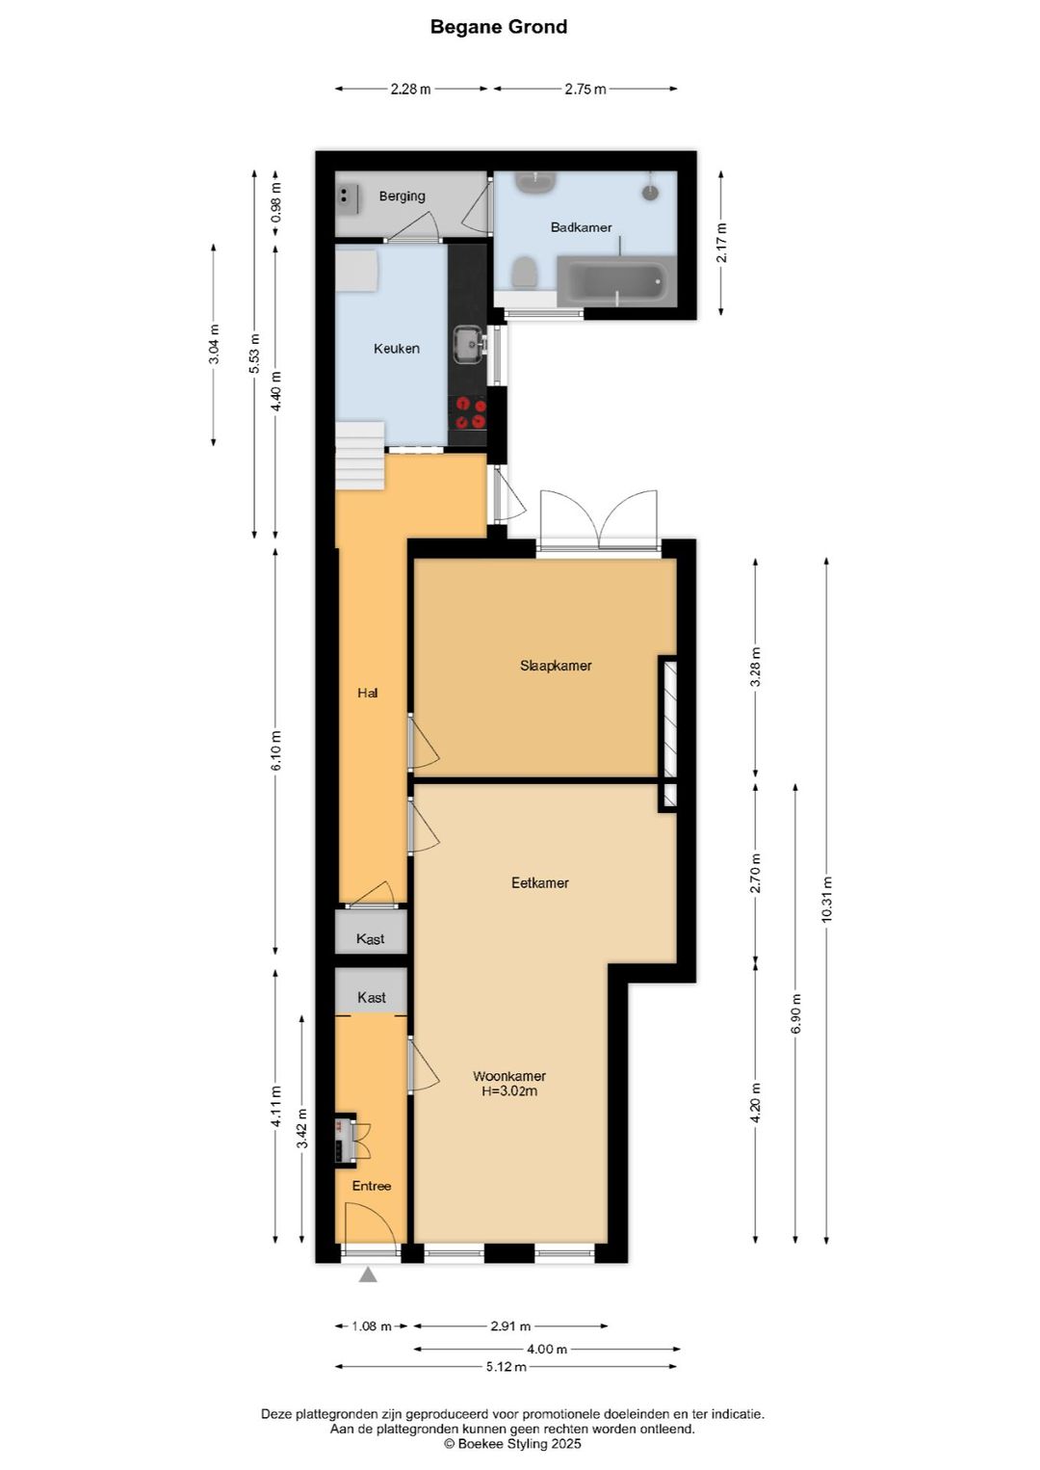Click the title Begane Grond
tap(498, 27)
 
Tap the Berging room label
tap(402, 197)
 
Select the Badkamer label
tap(581, 227)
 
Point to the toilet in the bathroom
tap(524, 273)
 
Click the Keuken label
tap(396, 349)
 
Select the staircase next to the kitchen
tap(360, 456)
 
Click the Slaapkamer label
tap(556, 666)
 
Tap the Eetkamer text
tap(539, 882)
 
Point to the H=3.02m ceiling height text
tap(509, 1091)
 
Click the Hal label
tap(367, 693)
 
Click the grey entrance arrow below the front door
tap(368, 1275)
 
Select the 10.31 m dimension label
tap(826, 900)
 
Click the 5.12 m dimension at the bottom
tap(507, 1367)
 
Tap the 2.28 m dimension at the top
tap(410, 89)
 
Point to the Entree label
tap(371, 1186)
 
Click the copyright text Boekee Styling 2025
tap(512, 1444)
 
